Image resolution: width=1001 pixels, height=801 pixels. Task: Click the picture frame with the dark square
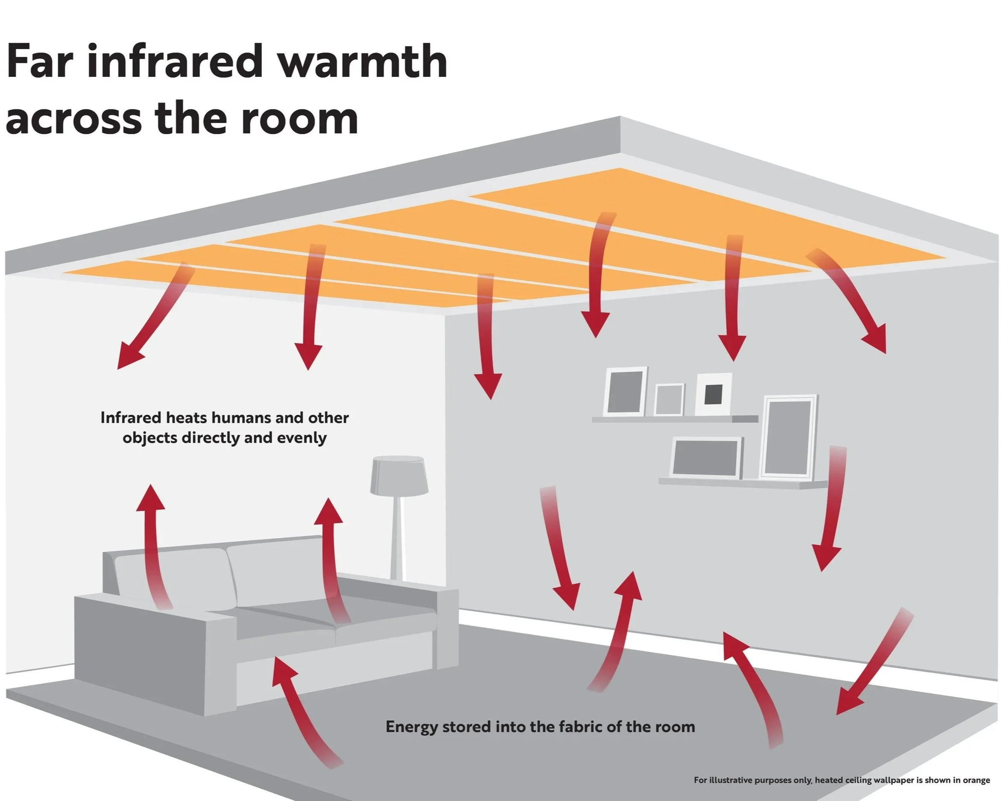click(x=713, y=394)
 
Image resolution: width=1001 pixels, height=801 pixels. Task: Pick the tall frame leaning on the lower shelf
click(x=789, y=437)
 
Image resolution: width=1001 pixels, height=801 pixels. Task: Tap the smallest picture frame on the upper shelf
click(x=669, y=399)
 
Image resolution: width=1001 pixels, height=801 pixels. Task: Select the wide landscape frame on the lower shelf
click(x=706, y=458)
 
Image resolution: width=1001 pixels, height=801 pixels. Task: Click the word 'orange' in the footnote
click(x=976, y=780)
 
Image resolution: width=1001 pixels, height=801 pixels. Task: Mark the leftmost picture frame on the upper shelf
click(x=625, y=391)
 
